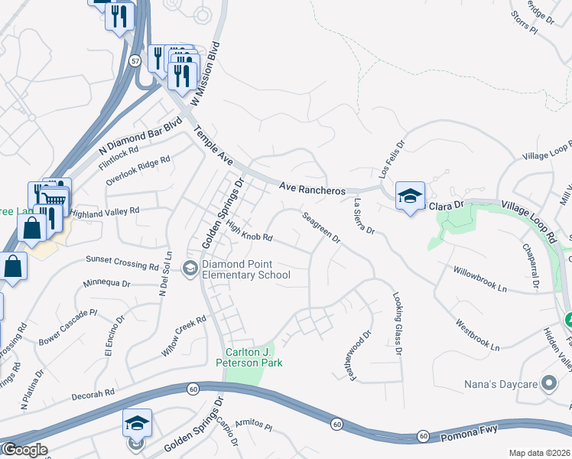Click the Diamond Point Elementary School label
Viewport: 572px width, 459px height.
(245, 270)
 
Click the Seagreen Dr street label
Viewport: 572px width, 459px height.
(320, 227)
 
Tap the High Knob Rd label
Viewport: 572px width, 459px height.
(249, 230)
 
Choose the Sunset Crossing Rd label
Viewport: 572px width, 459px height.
(122, 262)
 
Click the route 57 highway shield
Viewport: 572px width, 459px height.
(135, 59)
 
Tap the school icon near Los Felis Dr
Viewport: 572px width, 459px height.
(410, 195)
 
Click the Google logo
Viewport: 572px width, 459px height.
(24, 450)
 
